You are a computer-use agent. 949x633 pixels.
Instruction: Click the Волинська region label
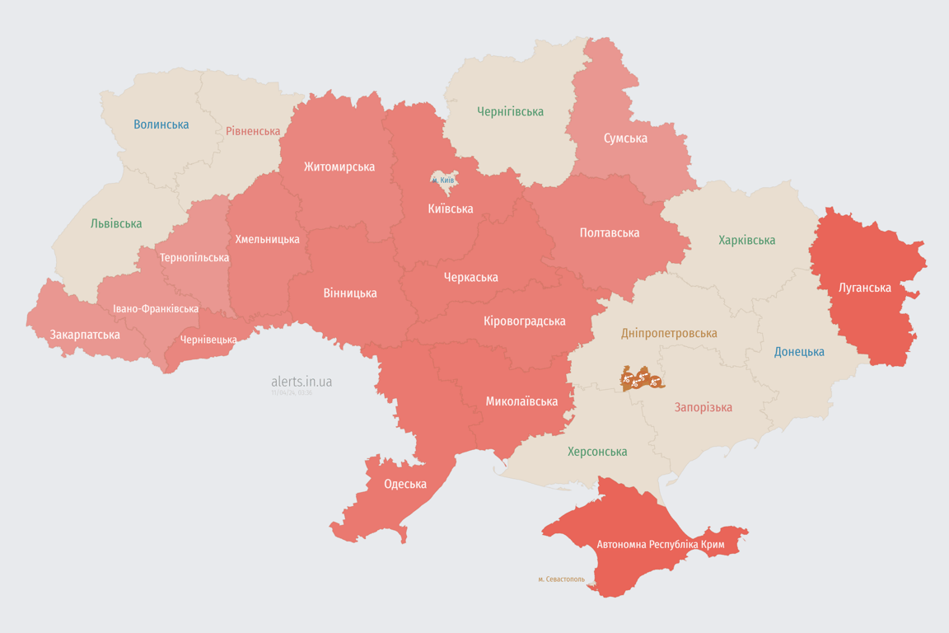click(161, 124)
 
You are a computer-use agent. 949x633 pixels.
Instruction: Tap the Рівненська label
click(253, 131)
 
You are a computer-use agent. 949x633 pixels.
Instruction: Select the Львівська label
click(116, 223)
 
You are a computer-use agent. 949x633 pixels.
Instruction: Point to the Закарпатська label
click(85, 335)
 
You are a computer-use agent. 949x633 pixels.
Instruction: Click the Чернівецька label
click(208, 340)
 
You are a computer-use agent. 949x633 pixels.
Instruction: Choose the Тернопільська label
click(194, 257)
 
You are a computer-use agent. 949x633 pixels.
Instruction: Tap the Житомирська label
click(339, 166)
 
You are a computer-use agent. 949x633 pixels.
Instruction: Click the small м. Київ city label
click(443, 180)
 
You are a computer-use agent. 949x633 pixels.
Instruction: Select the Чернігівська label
click(510, 111)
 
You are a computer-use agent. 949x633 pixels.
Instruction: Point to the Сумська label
click(625, 138)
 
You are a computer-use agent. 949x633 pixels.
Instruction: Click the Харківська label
click(746, 240)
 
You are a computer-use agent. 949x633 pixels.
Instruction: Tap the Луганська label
click(864, 288)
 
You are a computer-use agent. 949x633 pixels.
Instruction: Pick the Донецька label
click(799, 352)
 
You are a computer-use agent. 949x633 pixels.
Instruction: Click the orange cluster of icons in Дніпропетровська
click(642, 379)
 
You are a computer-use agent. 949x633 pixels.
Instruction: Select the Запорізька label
click(703, 407)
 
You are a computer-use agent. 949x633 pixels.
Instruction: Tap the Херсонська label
click(597, 452)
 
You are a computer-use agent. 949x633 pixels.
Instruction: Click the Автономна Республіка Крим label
click(659, 545)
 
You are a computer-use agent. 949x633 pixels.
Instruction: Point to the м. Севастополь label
click(561, 579)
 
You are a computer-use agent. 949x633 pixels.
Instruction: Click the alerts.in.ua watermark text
click(302, 382)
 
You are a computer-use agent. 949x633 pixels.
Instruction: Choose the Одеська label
click(405, 484)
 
